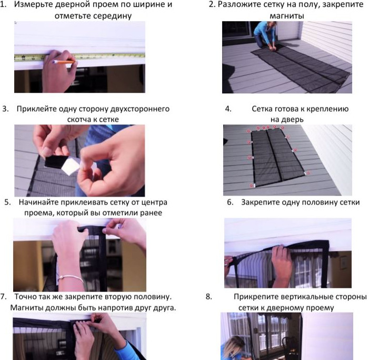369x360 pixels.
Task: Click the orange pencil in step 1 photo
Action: click(64, 62)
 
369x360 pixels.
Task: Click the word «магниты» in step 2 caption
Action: click(287, 16)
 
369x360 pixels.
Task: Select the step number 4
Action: click(228, 109)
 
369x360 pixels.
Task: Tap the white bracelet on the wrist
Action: click(71, 277)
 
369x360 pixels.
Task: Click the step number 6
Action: click(230, 202)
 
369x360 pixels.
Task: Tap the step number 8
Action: click(209, 296)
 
